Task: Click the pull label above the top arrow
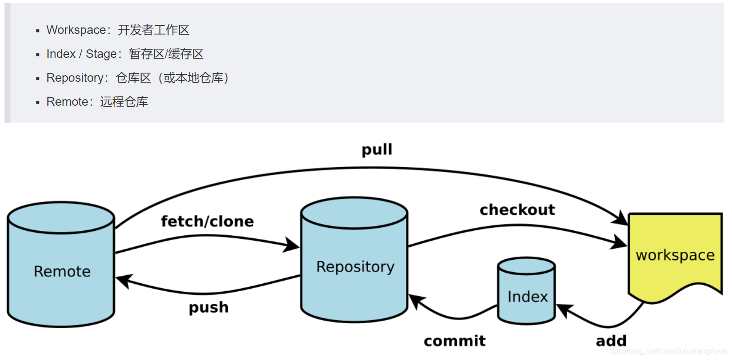(377, 150)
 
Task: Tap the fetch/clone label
(207, 221)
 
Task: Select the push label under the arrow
(208, 307)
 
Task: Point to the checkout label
(517, 210)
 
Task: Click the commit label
(454, 341)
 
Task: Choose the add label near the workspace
(611, 341)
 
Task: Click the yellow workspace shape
(675, 255)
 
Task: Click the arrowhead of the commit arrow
(416, 300)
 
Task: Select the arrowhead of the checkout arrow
(620, 243)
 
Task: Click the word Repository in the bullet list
(75, 78)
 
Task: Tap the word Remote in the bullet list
(67, 102)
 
